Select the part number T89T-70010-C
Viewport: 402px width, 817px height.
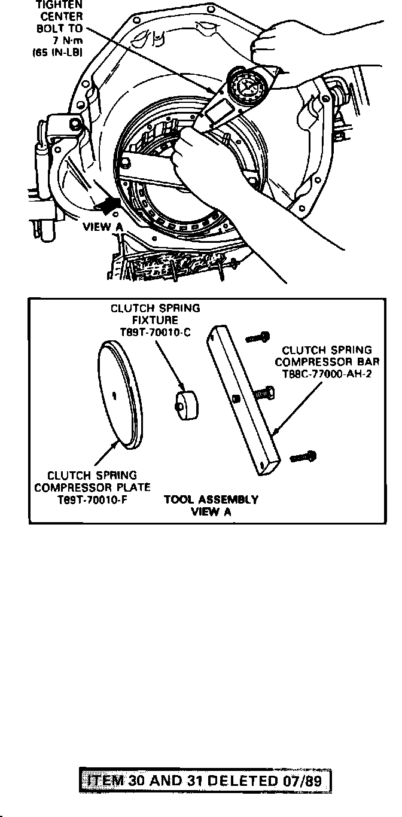coord(156,334)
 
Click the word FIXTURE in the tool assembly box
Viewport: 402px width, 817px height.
coord(156,321)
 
